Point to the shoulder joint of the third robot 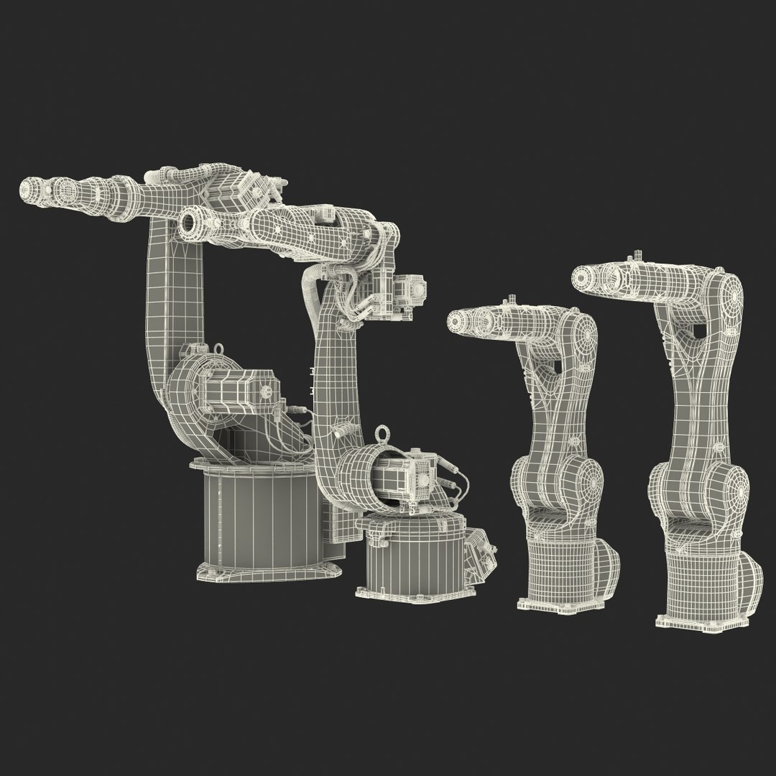(588, 481)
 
